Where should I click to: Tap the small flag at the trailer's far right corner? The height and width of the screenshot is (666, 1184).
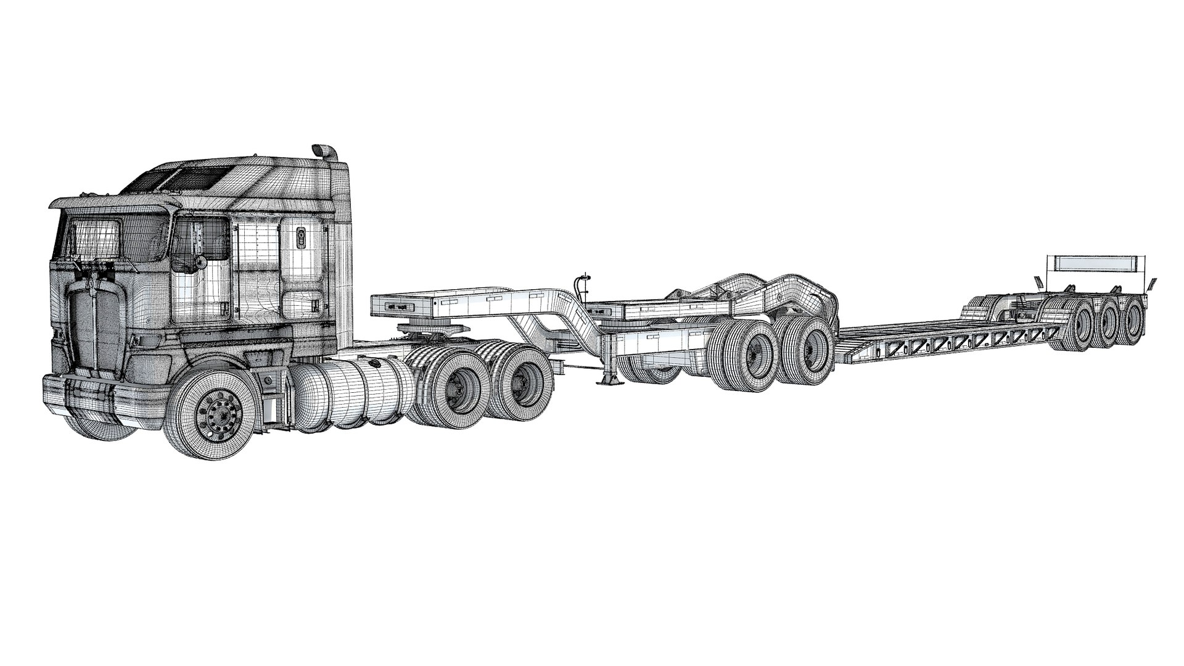click(1151, 285)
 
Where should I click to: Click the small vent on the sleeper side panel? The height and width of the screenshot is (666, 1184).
click(302, 237)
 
